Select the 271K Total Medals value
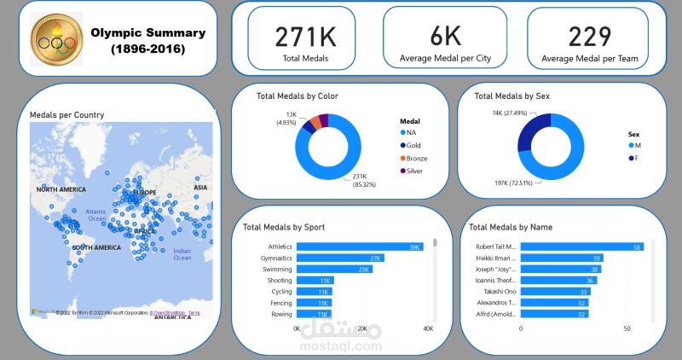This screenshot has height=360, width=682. [305, 37]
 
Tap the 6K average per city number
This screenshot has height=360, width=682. [445, 37]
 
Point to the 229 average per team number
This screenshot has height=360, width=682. [590, 37]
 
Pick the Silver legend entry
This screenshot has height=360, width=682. [414, 171]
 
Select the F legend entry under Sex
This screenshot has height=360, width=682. [635, 159]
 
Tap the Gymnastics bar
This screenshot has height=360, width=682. [340, 258]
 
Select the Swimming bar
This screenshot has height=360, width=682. [334, 269]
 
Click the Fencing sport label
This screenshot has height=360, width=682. [280, 303]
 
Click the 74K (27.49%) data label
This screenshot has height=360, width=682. [510, 113]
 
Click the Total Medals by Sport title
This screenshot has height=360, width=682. [283, 228]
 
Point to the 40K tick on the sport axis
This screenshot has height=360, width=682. [428, 328]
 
